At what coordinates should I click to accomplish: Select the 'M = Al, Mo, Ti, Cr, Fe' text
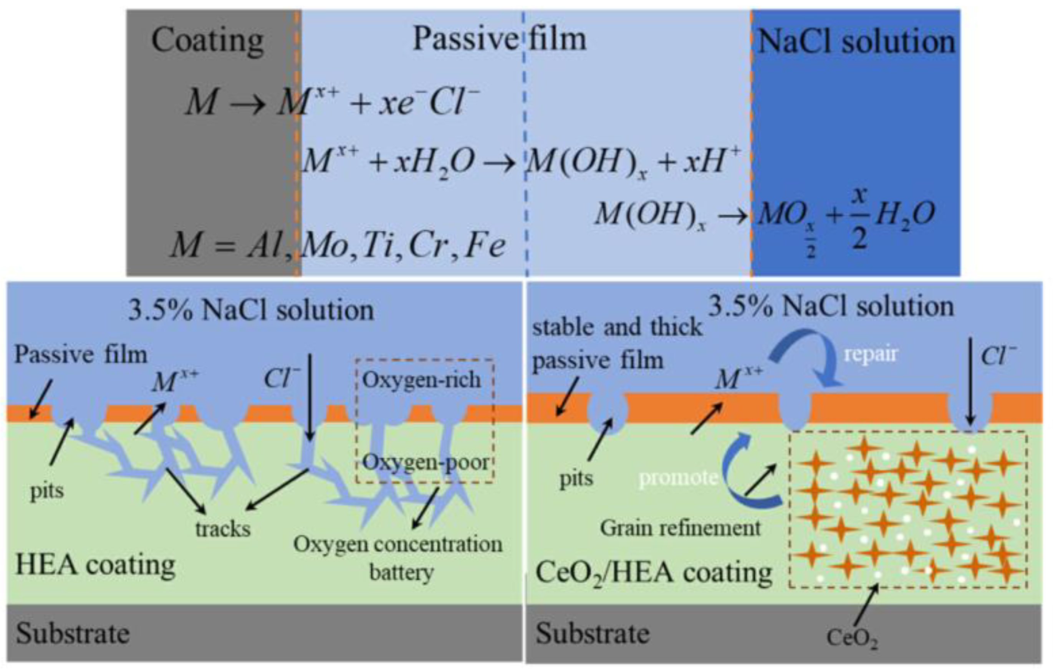[338, 245]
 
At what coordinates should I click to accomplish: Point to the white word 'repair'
[870, 354]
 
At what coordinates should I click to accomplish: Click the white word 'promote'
[678, 478]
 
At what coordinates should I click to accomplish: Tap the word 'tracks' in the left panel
[223, 529]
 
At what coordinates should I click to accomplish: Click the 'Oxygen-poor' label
[426, 463]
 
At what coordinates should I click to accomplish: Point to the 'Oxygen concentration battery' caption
[398, 557]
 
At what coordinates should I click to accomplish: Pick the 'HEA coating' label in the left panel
[95, 565]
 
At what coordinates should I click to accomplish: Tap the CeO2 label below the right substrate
[852, 638]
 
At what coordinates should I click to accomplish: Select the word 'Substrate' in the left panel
[73, 633]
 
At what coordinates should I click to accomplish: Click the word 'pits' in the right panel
[576, 479]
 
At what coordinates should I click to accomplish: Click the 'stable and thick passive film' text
[617, 344]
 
